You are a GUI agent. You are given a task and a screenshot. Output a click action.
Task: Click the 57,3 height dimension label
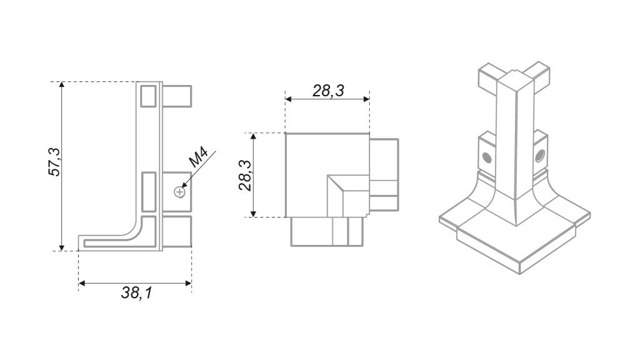coord(54,162)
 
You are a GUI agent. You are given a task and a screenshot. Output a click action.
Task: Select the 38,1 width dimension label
coord(137,292)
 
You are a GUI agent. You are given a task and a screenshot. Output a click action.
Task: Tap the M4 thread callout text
coord(199,157)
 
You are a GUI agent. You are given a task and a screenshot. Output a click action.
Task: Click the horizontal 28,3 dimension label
coord(329,91)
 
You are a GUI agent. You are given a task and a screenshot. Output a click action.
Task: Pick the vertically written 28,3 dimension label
coord(245,176)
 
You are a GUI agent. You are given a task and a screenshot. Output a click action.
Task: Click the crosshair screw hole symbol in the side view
coord(179,192)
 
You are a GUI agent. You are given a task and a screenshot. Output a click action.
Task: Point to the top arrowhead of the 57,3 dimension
coord(62,84)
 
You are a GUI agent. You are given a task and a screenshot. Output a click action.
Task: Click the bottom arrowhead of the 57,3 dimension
coord(62,247)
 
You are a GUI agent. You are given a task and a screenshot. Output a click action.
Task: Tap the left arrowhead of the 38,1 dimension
coord(82,283)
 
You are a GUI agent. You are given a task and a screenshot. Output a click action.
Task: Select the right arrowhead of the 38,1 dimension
coord(188,283)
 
